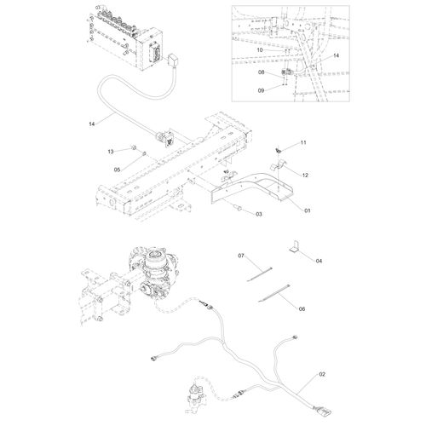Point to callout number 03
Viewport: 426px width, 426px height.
pyautogui.click(x=257, y=216)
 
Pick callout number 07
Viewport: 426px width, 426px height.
pyautogui.click(x=241, y=256)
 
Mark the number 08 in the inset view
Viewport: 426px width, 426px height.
pyautogui.click(x=262, y=74)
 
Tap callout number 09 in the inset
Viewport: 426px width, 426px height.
pyautogui.click(x=262, y=89)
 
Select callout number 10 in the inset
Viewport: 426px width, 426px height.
pyautogui.click(x=261, y=50)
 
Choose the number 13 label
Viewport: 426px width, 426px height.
pyautogui.click(x=110, y=150)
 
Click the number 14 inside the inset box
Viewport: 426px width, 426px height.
pyautogui.click(x=336, y=55)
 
